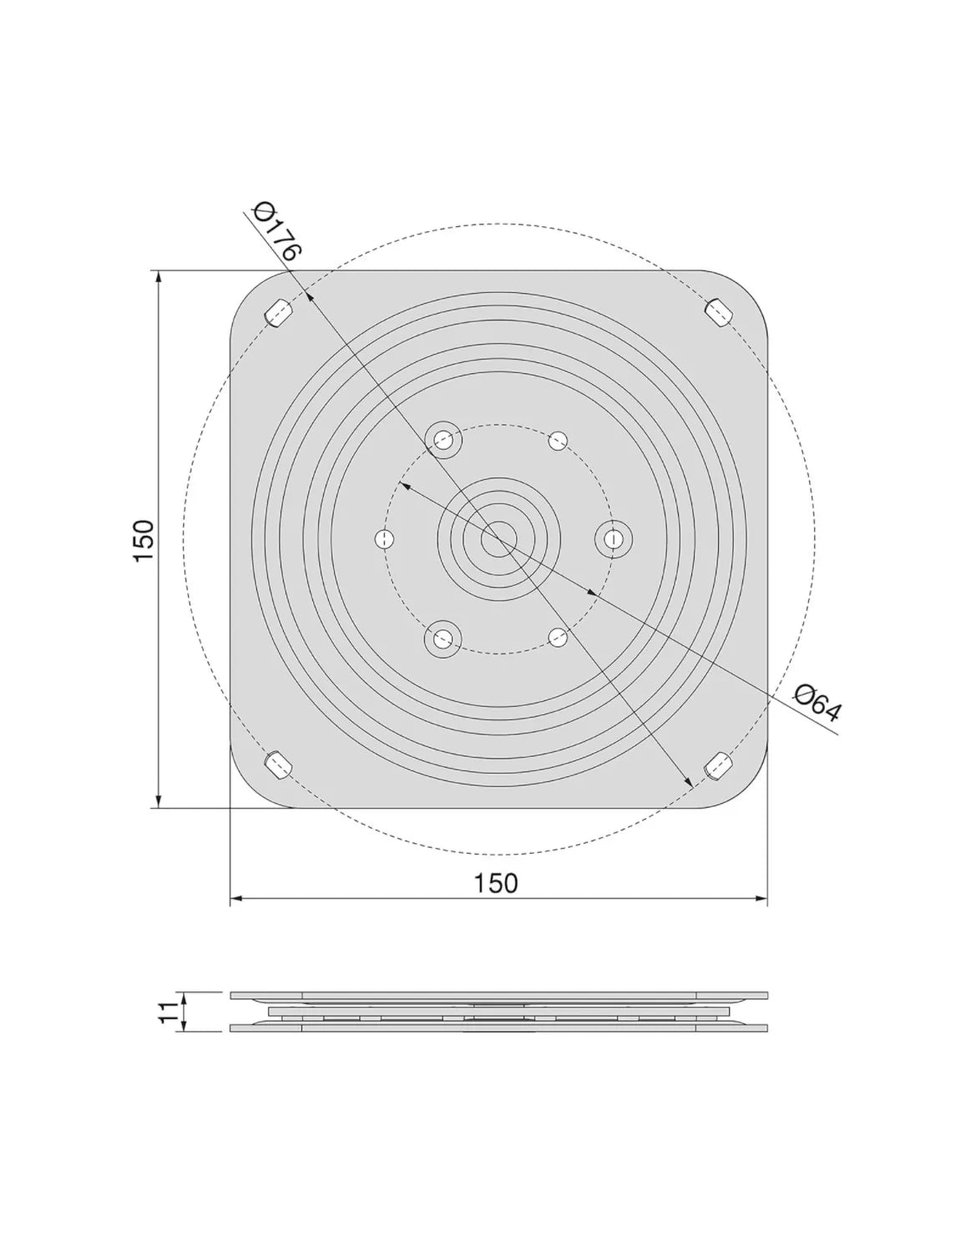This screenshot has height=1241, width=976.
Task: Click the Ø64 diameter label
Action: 817,703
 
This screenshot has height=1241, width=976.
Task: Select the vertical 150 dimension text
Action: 144,540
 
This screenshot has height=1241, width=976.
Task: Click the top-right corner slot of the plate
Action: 720,312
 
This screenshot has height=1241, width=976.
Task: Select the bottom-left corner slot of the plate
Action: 279,765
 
